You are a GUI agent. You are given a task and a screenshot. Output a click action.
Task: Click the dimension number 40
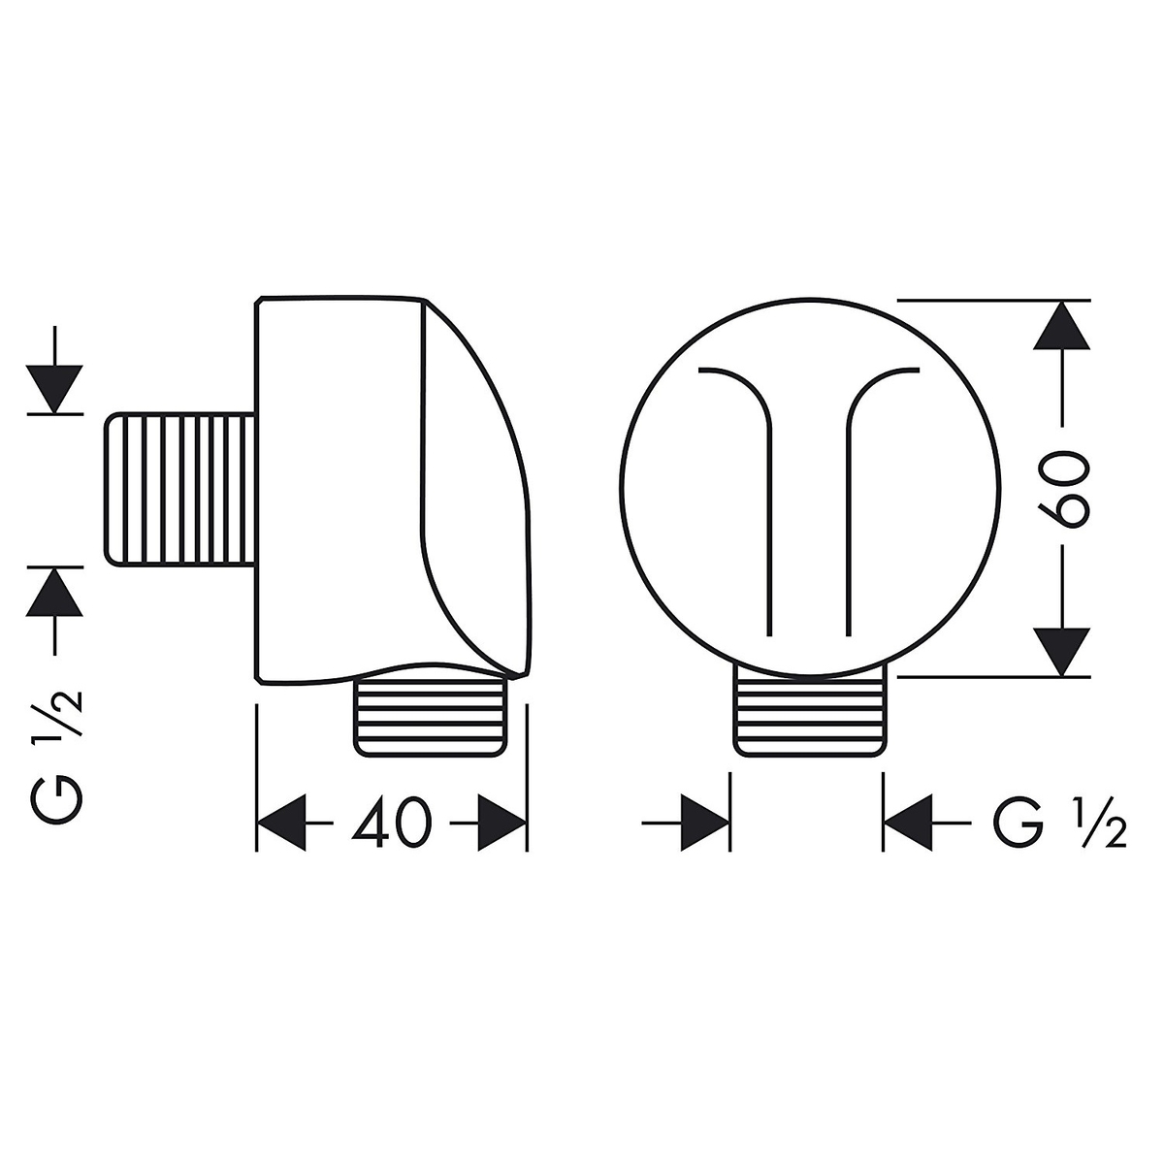coord(392,823)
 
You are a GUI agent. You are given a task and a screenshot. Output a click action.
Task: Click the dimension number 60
coord(1064,489)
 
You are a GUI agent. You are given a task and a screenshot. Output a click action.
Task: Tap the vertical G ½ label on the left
coord(54,758)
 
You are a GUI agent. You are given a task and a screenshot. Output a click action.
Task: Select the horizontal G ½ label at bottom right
coord(1059,823)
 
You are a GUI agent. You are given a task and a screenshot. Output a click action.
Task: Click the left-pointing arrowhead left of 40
coord(281,823)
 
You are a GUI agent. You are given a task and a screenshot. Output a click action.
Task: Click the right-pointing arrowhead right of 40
coord(501,823)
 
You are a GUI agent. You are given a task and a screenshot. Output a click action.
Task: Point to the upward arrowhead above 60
coord(1061,325)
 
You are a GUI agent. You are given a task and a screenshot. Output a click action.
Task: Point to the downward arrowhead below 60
coord(1061,652)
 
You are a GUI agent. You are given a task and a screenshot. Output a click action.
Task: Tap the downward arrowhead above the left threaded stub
coord(55,389)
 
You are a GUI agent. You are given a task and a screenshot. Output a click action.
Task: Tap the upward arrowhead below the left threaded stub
coord(55,592)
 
